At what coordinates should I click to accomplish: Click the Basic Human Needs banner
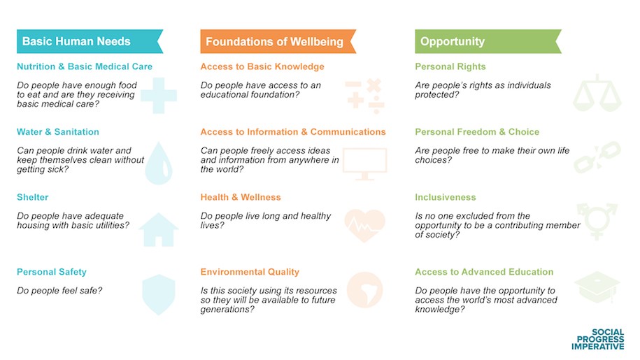90,41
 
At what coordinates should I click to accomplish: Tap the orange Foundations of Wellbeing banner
278,41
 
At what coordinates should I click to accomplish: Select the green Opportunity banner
488,41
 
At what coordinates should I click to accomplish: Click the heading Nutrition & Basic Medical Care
85,66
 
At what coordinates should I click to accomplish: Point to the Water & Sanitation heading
58,131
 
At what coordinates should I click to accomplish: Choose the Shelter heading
33,197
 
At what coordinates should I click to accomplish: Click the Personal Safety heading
52,272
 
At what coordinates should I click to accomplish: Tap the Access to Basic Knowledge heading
262,66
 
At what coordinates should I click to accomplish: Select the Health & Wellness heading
241,197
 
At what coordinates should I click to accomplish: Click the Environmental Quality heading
250,272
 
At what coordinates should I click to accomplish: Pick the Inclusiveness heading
446,197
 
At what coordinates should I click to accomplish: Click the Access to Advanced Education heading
484,272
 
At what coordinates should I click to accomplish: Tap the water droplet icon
159,163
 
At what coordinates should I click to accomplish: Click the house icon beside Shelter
159,230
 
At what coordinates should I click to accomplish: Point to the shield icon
159,295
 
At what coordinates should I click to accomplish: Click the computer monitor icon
365,164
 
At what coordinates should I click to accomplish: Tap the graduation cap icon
597,287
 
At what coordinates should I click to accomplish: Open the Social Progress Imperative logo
598,339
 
